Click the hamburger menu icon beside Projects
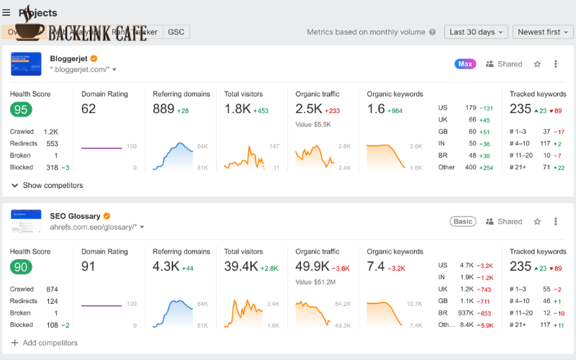[6, 12]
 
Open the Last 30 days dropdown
[477, 32]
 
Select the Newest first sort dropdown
[544, 32]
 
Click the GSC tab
[176, 32]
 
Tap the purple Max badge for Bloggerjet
[465, 64]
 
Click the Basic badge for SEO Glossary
[463, 222]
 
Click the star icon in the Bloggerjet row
[537, 64]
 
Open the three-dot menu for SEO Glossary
[555, 222]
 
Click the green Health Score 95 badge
[21, 109]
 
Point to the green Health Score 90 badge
[21, 267]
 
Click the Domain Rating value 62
[89, 109]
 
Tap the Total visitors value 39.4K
[240, 267]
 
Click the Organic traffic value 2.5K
[308, 109]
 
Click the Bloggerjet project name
[68, 58]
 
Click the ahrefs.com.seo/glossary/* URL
[94, 227]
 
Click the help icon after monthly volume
[432, 32]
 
